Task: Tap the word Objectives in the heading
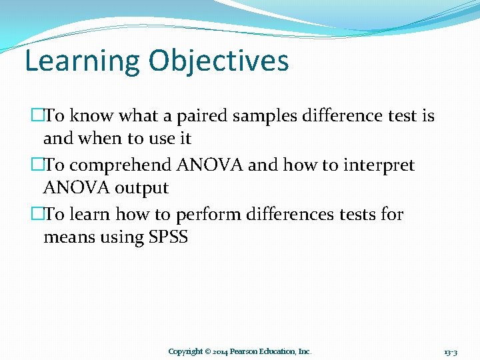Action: tap(219, 61)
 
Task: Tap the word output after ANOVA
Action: tap(141, 189)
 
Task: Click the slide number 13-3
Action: tap(451, 351)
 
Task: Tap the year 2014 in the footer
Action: tap(221, 351)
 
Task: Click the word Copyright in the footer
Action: tap(185, 351)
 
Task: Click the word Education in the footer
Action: tap(279, 351)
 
